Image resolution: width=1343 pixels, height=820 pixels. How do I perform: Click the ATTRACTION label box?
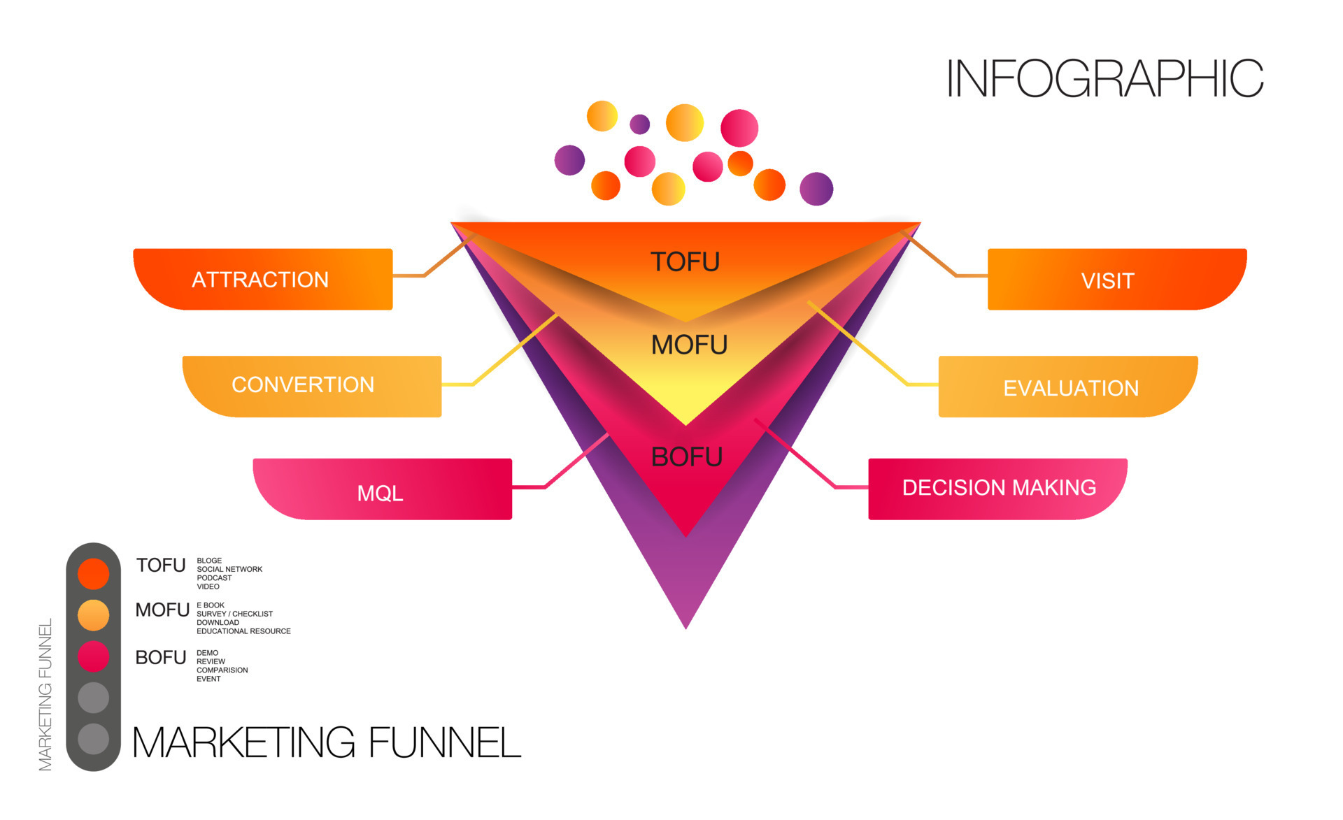pyautogui.click(x=262, y=279)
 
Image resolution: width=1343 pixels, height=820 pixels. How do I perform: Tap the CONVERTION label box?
pyautogui.click(x=311, y=386)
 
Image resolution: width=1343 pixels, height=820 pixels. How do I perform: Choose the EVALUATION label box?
pyautogui.click(x=1067, y=387)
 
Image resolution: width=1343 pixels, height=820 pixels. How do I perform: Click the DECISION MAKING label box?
pyautogui.click(x=997, y=488)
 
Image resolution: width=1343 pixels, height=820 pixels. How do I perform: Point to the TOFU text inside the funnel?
pyautogui.click(x=685, y=262)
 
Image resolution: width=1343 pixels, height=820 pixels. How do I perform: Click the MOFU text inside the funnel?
pyautogui.click(x=689, y=345)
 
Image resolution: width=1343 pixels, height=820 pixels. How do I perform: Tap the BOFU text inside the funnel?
pyautogui.click(x=686, y=457)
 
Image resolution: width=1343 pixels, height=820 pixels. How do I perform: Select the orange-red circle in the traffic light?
pyautogui.click(x=93, y=573)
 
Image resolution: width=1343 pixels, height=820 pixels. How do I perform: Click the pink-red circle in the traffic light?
pyautogui.click(x=93, y=656)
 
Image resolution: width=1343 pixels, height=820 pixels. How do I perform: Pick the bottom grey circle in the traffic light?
pyautogui.click(x=93, y=739)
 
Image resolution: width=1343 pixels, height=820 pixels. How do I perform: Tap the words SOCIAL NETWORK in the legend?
pyautogui.click(x=229, y=569)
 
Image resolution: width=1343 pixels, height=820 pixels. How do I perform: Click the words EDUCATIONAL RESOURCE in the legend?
pyautogui.click(x=243, y=631)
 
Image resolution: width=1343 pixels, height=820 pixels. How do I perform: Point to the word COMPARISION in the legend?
pyautogui.click(x=222, y=670)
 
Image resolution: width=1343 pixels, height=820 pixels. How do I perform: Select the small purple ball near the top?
pyautogui.click(x=639, y=124)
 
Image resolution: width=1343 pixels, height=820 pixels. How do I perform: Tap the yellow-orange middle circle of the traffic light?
pyautogui.click(x=93, y=615)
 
